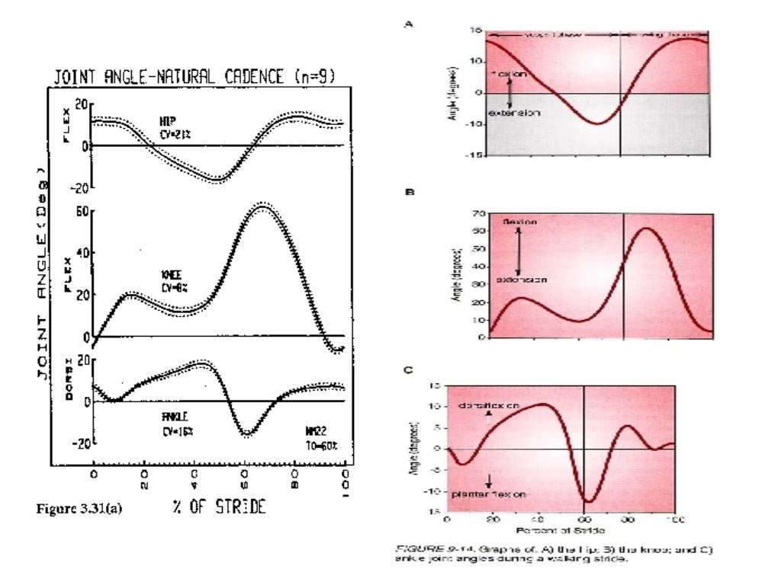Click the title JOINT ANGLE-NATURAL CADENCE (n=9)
point(194,76)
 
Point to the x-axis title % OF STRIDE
point(217,508)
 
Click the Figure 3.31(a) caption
point(79,509)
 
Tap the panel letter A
point(408,24)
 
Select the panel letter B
point(409,193)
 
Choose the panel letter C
point(409,370)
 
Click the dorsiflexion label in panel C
point(489,406)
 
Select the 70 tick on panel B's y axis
point(479,213)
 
